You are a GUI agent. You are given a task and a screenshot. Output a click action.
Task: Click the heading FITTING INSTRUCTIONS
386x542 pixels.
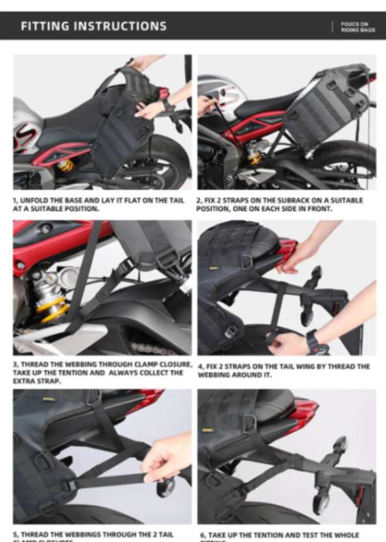click(93, 26)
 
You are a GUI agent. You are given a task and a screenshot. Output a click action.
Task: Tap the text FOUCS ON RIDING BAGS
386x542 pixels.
click(357, 27)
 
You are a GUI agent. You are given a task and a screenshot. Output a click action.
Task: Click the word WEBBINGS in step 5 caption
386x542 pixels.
click(73, 534)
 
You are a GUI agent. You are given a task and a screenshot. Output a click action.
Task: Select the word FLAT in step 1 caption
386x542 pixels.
click(126, 200)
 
